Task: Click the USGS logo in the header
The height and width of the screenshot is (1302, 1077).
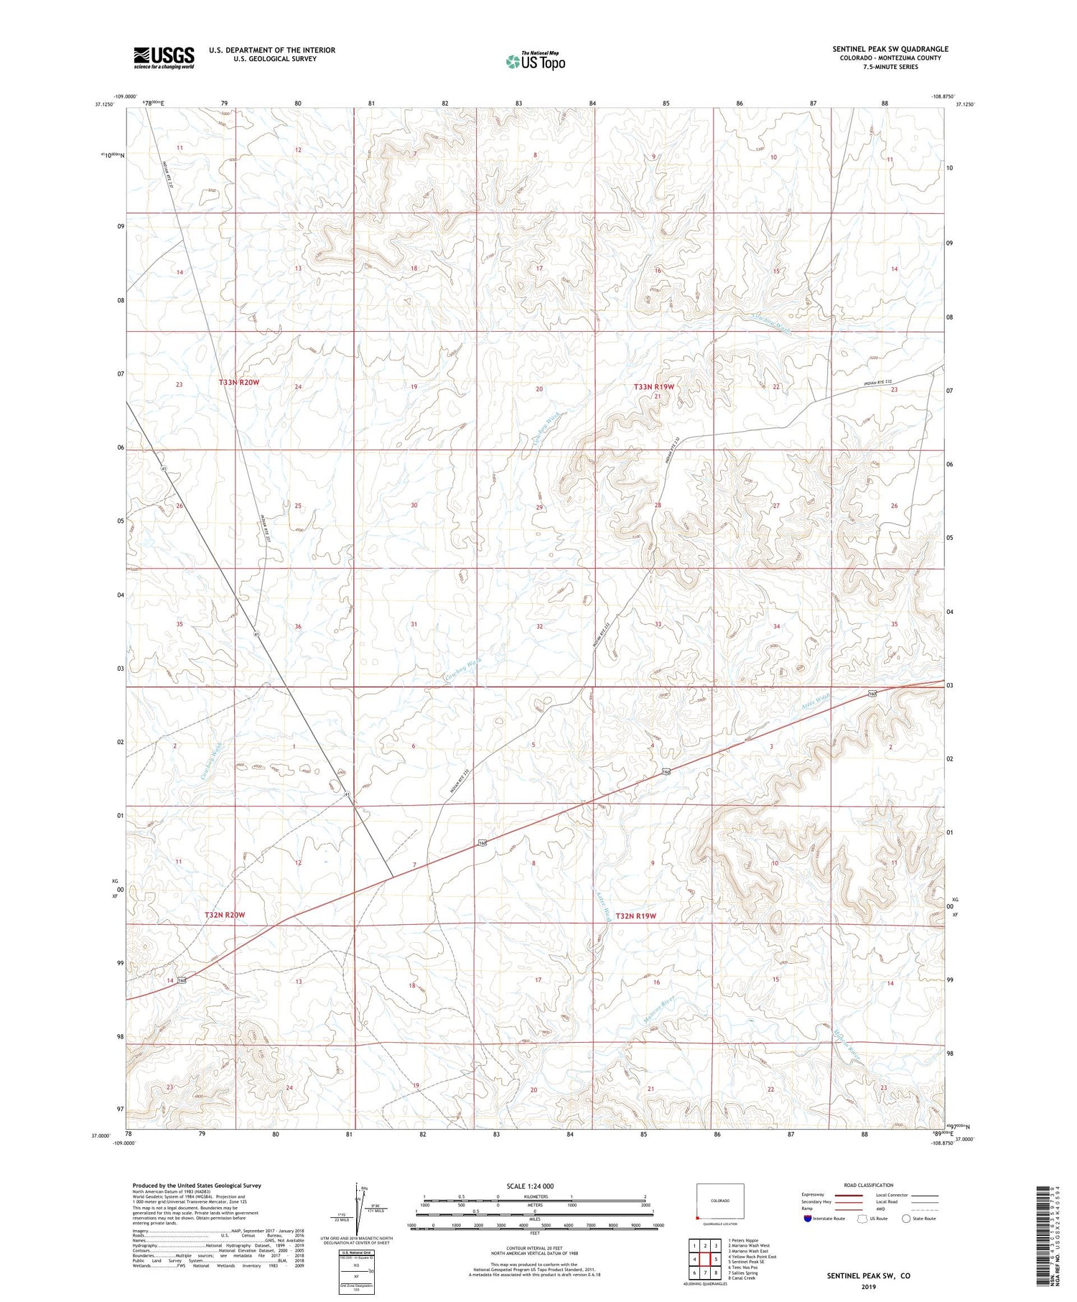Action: (x=164, y=57)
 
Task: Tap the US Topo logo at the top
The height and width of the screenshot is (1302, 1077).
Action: (x=535, y=62)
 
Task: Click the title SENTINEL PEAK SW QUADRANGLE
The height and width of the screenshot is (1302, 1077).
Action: (x=890, y=49)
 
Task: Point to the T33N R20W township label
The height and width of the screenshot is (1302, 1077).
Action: (x=239, y=383)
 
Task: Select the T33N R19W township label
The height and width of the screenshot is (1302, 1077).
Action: (x=654, y=386)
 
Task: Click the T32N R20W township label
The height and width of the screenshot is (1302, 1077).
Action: (x=225, y=915)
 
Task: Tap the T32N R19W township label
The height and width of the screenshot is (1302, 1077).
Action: (x=635, y=916)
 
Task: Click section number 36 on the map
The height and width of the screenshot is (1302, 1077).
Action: (x=298, y=627)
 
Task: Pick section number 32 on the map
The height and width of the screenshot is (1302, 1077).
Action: (x=539, y=627)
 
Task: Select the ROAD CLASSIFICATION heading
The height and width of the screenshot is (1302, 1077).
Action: (x=869, y=1185)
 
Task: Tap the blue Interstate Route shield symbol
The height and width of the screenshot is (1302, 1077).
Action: (x=808, y=1218)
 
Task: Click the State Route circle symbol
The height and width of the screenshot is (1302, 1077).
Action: (x=906, y=1218)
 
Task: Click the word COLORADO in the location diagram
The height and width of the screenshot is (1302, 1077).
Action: (x=720, y=1201)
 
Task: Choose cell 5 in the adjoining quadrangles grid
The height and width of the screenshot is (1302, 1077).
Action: (x=717, y=1259)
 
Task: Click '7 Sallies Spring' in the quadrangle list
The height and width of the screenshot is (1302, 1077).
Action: (x=742, y=1273)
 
